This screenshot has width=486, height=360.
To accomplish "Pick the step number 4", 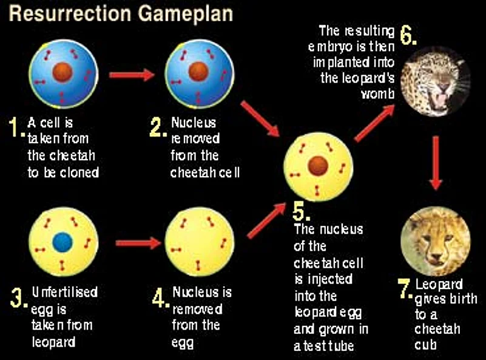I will [160, 297].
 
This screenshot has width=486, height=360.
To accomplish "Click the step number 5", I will [302, 211].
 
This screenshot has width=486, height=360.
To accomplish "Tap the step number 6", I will [408, 36].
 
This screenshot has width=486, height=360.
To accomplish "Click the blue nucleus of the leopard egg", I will [62, 242].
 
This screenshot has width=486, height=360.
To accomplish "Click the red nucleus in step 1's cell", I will [61, 72].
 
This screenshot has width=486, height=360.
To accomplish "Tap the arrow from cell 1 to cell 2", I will [131, 75].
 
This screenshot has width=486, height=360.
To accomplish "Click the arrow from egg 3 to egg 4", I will [137, 243].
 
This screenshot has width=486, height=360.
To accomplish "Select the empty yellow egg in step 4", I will [198, 242].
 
